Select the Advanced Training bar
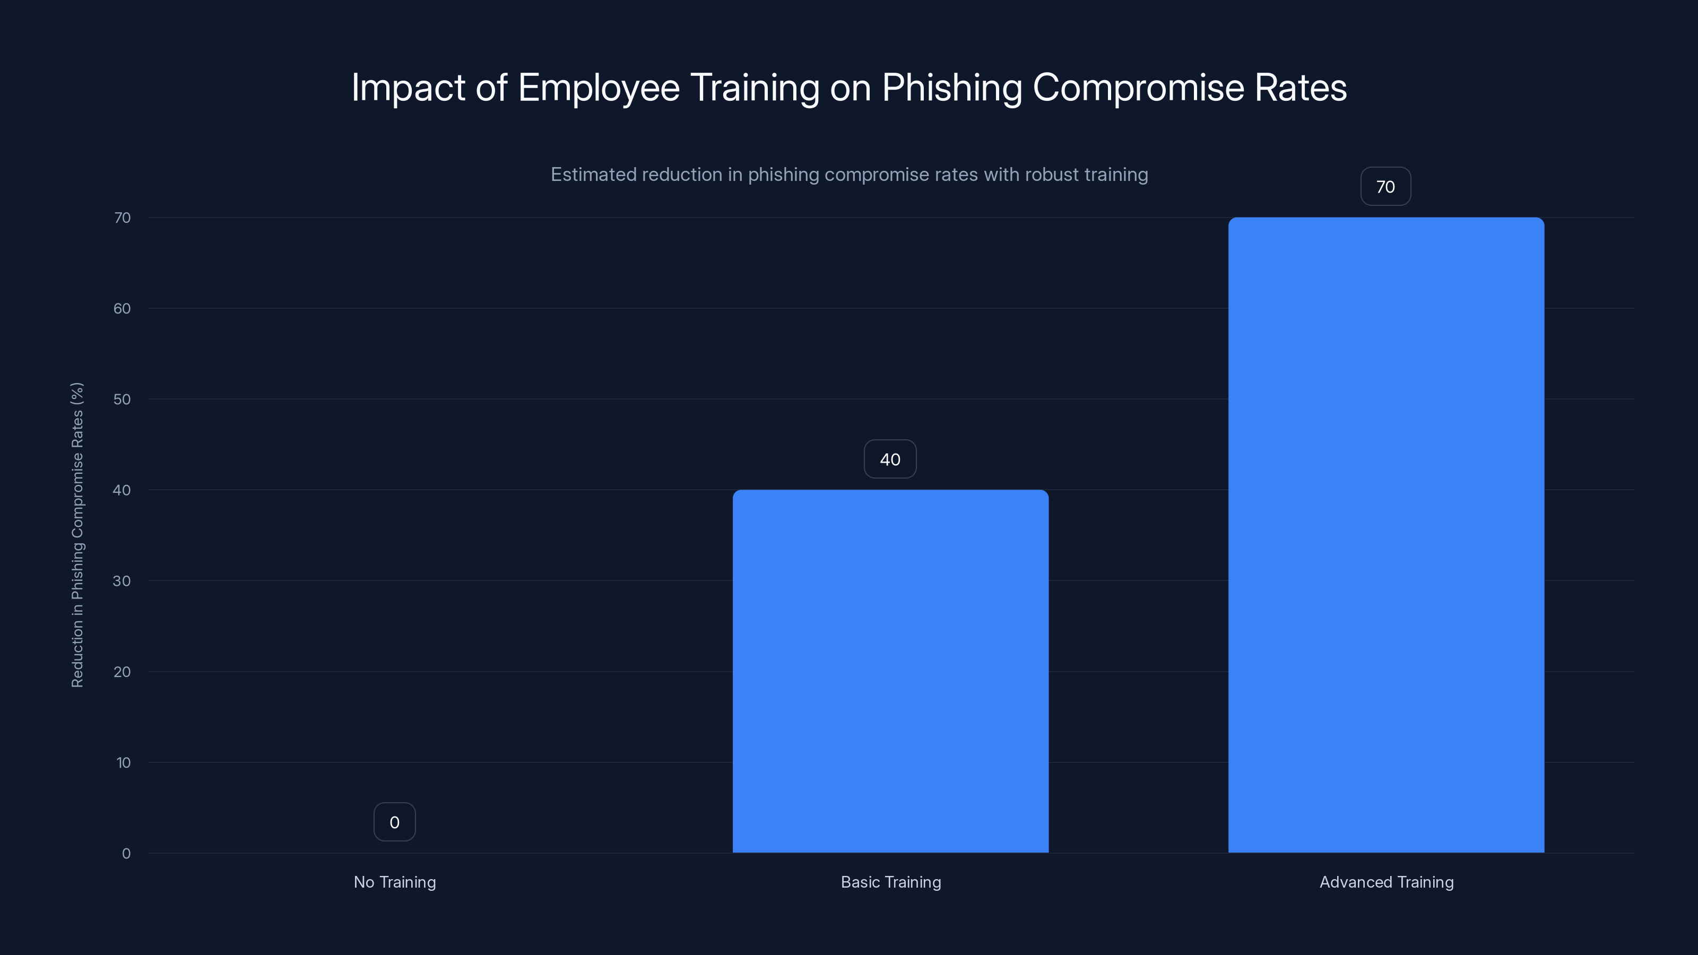coord(1385,534)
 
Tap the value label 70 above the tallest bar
coord(1385,187)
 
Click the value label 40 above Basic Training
coord(890,459)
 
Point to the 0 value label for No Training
coord(394,822)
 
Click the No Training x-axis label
coord(394,882)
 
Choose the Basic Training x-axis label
coord(890,882)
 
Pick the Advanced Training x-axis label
coord(1386,882)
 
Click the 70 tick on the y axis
coord(122,218)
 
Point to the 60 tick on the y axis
coord(122,308)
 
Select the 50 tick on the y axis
coord(122,399)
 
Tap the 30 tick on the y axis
coord(122,580)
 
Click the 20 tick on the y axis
coord(122,672)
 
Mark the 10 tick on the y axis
coord(123,762)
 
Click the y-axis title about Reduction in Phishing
coord(77,534)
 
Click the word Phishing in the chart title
coord(952,88)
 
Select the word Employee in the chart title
coord(598,88)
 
